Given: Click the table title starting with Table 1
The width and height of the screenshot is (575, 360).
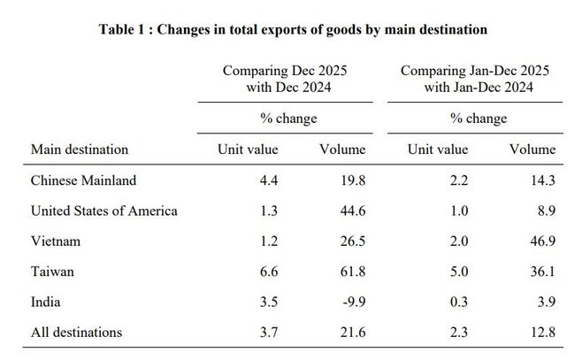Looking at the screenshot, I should [293, 29].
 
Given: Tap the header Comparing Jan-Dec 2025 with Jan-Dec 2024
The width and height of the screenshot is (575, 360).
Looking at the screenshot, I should [479, 78].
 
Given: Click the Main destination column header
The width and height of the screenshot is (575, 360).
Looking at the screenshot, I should [80, 149].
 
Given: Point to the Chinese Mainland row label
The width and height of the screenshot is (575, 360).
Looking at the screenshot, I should [83, 180].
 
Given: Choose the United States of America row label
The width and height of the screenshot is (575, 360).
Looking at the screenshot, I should [103, 211].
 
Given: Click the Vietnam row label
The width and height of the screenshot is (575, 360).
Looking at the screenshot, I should [55, 241].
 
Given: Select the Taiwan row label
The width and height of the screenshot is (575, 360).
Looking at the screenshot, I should [52, 272].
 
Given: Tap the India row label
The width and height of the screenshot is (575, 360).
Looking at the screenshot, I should [46, 302].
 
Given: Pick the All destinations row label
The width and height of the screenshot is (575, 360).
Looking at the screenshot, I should [76, 333].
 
